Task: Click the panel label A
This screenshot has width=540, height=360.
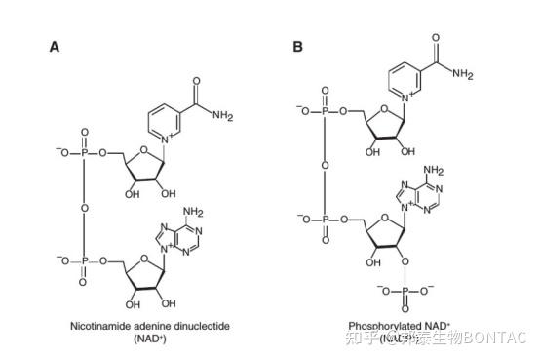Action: pos(55,46)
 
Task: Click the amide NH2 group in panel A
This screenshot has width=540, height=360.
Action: pos(222,116)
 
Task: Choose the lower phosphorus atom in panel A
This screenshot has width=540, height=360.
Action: pos(83,260)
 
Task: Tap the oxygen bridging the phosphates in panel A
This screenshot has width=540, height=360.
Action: pos(83,206)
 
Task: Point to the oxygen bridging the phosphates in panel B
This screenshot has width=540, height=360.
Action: pos(326,165)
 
